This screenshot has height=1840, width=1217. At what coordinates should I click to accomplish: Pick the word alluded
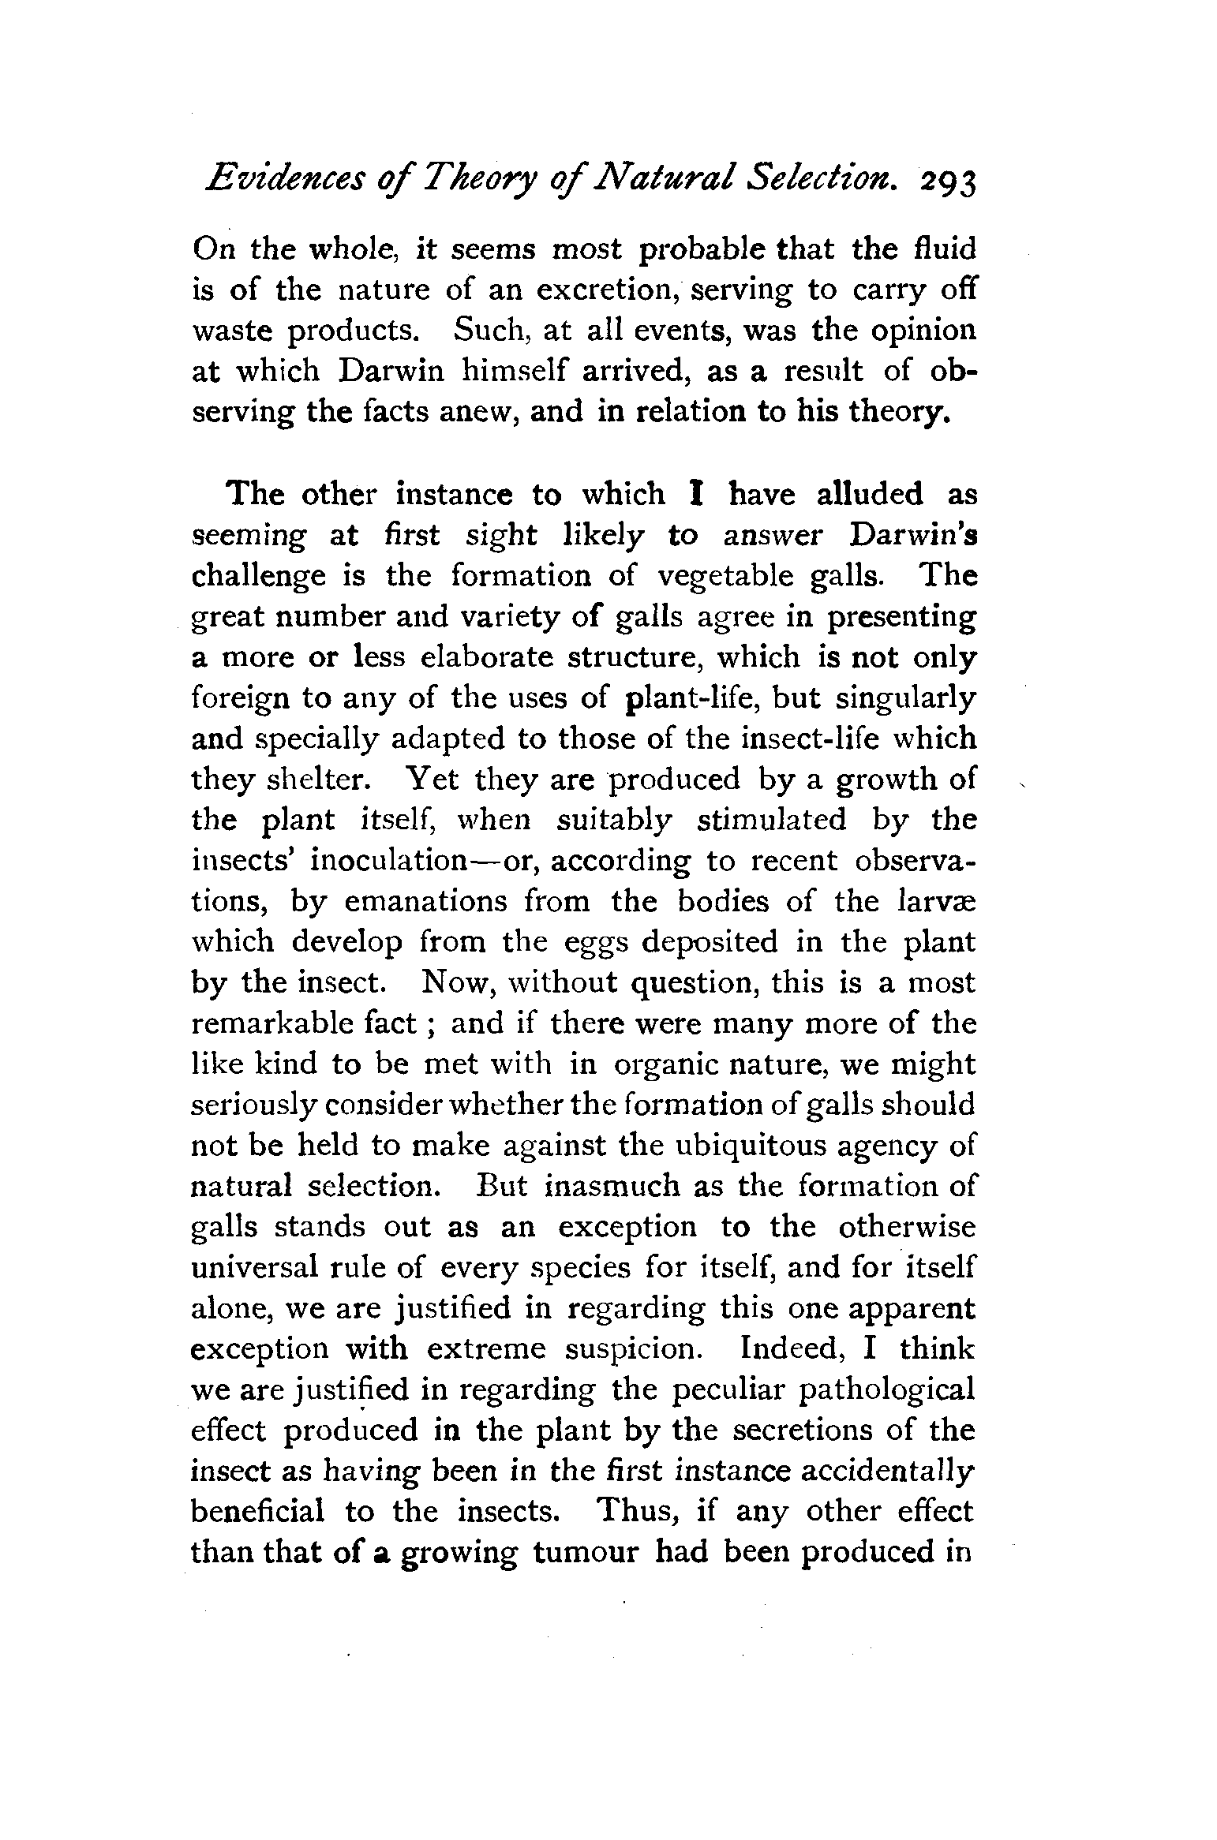click(869, 495)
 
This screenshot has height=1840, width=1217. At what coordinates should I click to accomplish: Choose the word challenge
click(259, 577)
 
